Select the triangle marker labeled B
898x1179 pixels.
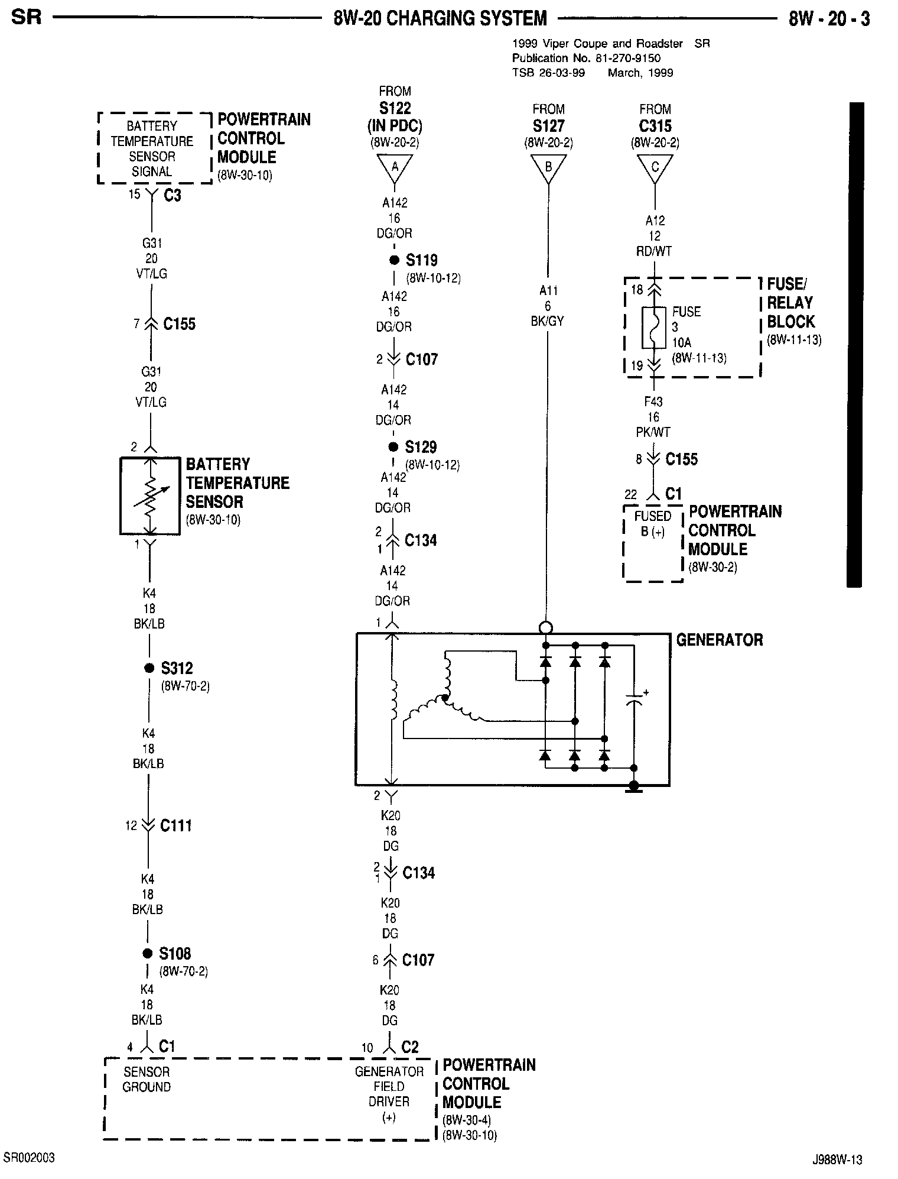548,167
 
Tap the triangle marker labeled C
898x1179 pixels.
655,167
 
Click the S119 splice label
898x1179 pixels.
421,260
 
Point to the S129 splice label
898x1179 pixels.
421,447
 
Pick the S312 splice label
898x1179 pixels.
177,668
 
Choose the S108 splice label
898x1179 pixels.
175,954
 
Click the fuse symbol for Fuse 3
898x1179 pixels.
654,328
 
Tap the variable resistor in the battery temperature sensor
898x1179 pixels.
151,495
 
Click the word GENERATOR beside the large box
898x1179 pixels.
719,640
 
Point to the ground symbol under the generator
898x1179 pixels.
634,787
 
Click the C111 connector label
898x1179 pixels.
175,825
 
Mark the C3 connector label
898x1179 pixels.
172,195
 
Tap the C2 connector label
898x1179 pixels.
409,1047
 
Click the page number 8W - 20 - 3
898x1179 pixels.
828,19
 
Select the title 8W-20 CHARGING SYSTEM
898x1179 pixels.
440,19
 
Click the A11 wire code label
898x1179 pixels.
548,291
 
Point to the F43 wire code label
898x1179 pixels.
653,402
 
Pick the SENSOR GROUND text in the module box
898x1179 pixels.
147,1079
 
